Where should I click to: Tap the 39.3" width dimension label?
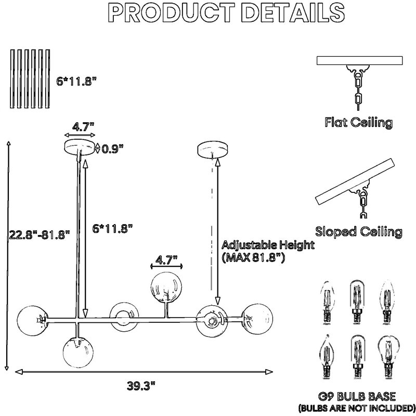[x=140, y=386]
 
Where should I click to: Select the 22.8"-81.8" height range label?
[x=40, y=235]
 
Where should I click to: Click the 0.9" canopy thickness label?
[x=113, y=149]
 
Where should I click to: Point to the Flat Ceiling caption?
[x=359, y=122]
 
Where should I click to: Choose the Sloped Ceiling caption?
[x=359, y=231]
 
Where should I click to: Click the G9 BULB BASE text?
[x=357, y=396]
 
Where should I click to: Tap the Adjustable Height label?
[x=268, y=245]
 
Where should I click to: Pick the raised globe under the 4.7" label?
[x=166, y=287]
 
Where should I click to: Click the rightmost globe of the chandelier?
[x=257, y=319]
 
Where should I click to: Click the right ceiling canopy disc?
[x=213, y=149]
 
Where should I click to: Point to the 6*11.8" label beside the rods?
[x=76, y=81]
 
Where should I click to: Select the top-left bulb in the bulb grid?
[x=327, y=303]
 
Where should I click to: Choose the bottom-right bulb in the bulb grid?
[x=388, y=358]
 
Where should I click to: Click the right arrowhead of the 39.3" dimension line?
[x=269, y=372]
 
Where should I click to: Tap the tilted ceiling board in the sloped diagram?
[x=355, y=181]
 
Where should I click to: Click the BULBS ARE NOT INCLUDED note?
[x=357, y=408]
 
